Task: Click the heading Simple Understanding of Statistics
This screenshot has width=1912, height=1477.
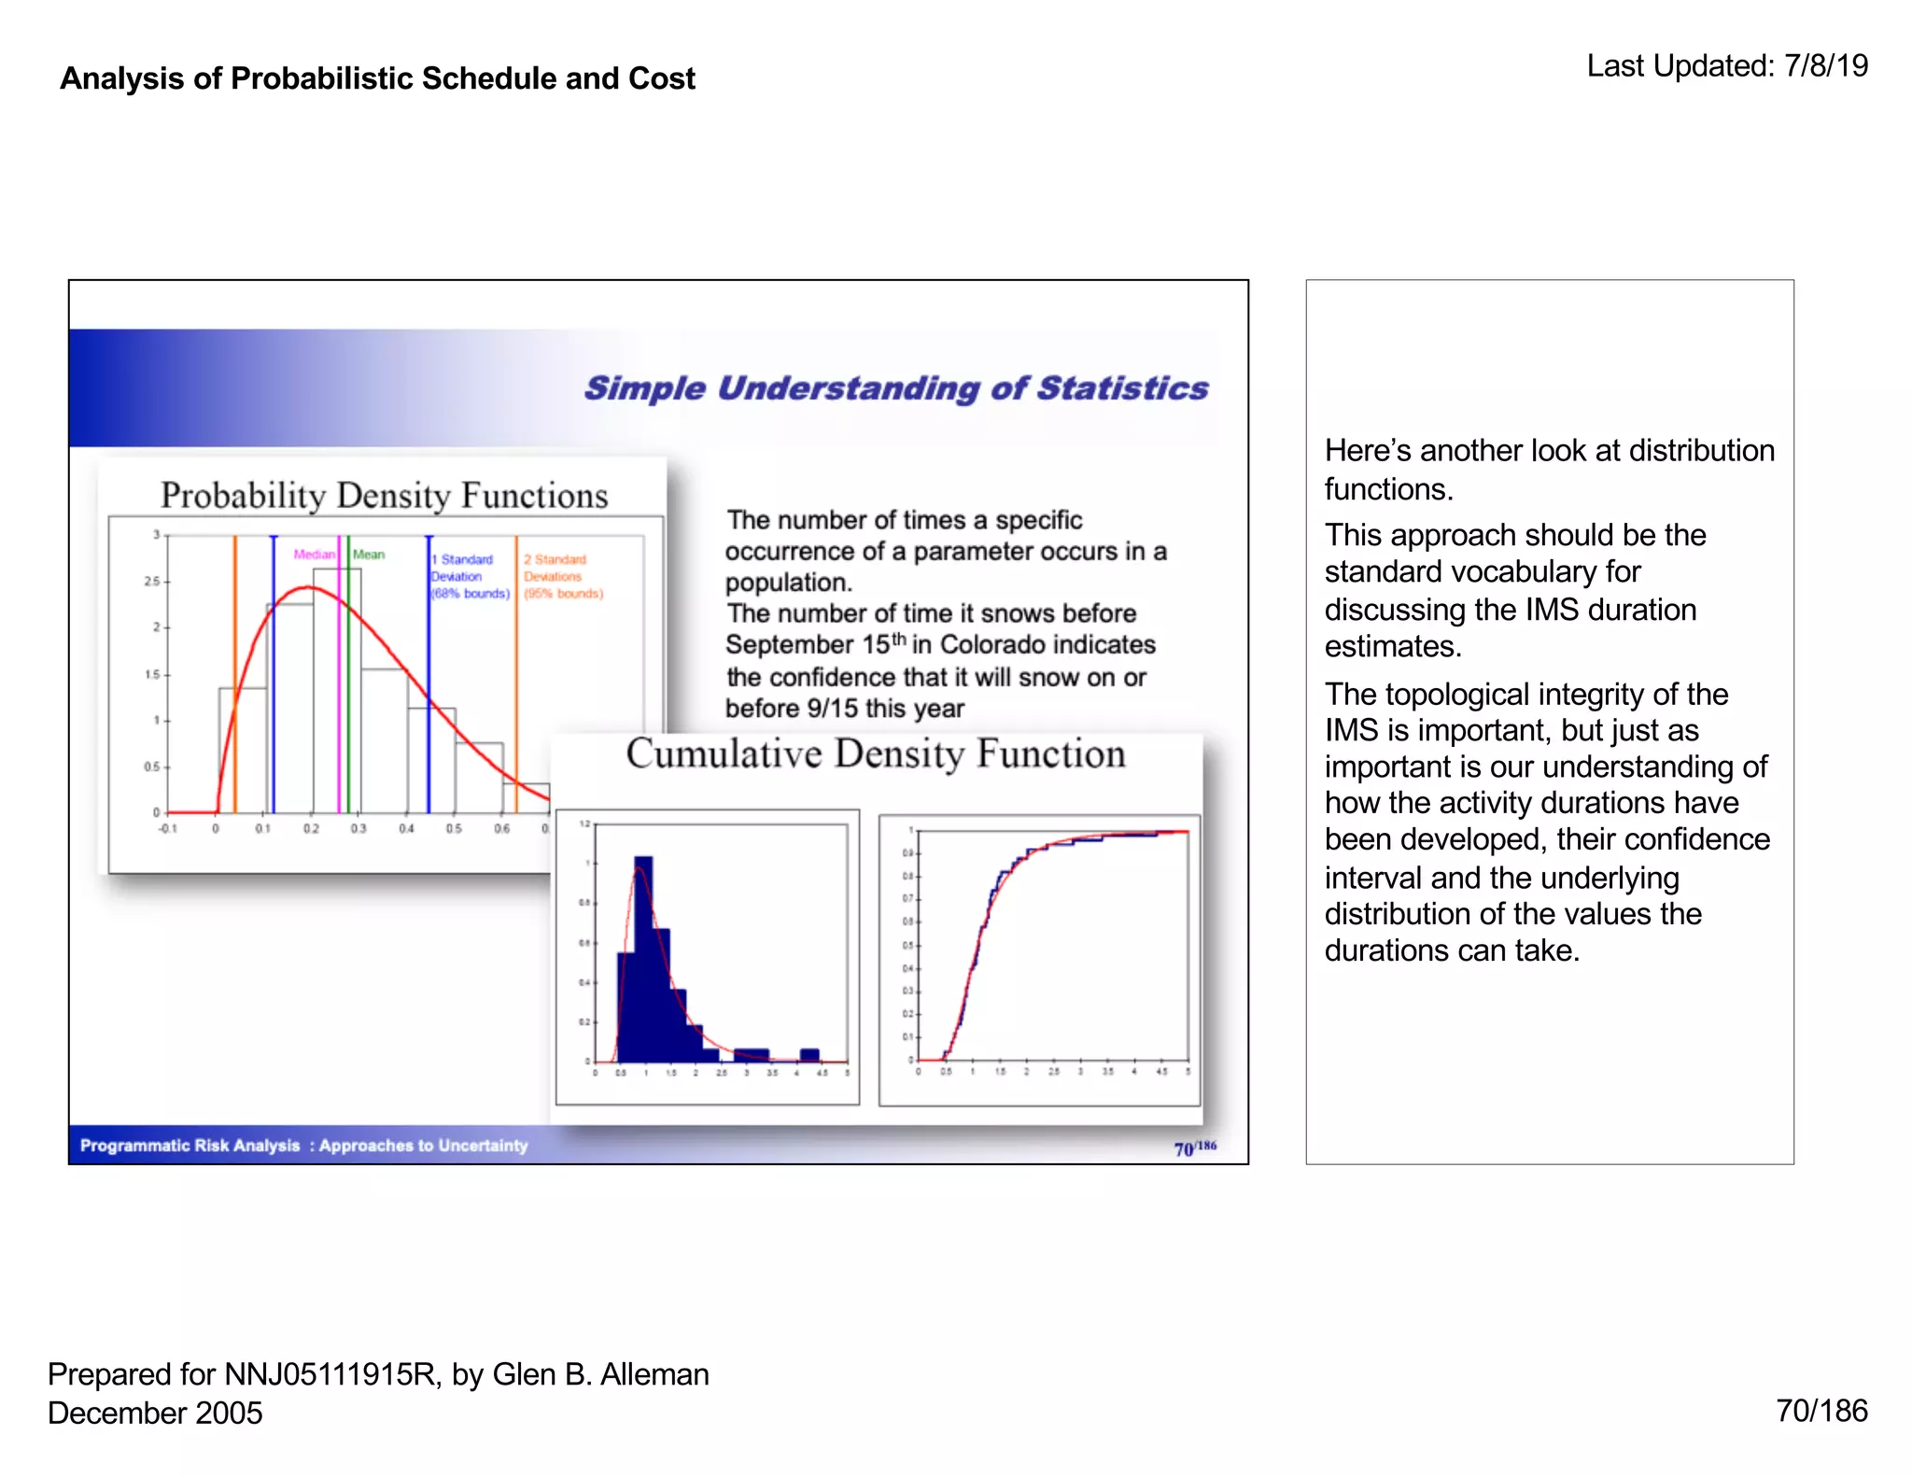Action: tap(895, 388)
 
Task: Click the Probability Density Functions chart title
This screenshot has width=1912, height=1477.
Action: tap(384, 496)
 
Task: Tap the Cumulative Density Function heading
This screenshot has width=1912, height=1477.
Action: tap(875, 754)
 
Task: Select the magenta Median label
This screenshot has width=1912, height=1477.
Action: tap(314, 555)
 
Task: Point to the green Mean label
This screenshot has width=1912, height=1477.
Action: tap(369, 555)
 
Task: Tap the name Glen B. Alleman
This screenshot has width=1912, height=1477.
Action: tap(600, 1374)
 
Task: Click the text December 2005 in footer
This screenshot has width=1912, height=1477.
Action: tap(155, 1413)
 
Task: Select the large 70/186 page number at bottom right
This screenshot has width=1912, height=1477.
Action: tap(1821, 1411)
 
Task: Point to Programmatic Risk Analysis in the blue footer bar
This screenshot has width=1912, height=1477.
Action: tap(190, 1146)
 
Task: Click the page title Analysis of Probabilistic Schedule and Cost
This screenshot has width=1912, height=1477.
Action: tap(377, 78)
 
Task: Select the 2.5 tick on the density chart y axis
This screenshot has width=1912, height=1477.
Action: tap(151, 582)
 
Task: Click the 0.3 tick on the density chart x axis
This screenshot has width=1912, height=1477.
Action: tap(358, 829)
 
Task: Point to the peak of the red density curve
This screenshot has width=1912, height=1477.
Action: tap(307, 587)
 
